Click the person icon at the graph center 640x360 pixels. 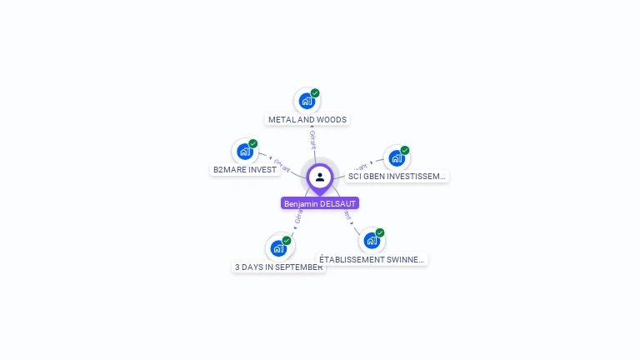click(320, 177)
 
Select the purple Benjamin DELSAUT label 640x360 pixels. click(320, 203)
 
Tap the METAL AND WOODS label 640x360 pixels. click(307, 119)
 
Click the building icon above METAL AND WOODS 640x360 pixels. click(307, 101)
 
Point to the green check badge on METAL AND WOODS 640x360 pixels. click(315, 93)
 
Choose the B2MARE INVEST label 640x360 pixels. click(245, 169)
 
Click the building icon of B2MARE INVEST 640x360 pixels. click(244, 151)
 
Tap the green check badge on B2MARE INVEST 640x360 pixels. click(253, 143)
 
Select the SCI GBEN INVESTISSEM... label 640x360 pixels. click(397, 177)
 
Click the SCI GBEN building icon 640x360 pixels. click(397, 157)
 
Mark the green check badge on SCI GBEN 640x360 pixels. click(405, 151)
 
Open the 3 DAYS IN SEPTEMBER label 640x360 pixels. click(278, 267)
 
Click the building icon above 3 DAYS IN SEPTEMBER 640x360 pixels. click(278, 247)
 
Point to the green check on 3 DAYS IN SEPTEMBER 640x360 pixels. click(287, 240)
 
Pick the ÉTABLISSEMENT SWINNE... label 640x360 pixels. click(372, 259)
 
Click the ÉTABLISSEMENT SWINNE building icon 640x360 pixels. click(372, 240)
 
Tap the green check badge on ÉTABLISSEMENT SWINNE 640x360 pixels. click(380, 232)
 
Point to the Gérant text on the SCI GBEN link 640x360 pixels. click(360, 167)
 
